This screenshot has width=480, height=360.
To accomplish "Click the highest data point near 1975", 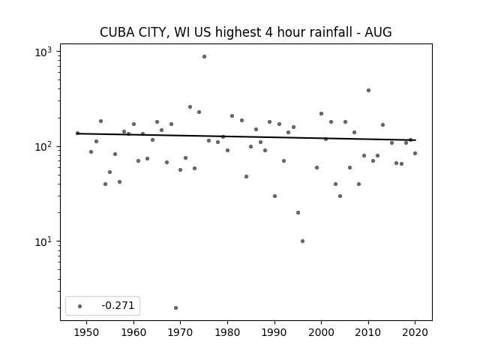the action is tap(204, 57).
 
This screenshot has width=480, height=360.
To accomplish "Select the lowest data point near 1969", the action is tap(175, 308).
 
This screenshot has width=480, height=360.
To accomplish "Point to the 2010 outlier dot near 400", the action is tap(368, 90).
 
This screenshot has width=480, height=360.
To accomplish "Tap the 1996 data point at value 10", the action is tap(302, 241).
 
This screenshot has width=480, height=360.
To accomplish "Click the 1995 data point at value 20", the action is tap(298, 213).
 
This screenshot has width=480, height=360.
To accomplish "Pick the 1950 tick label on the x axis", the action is tap(87, 332).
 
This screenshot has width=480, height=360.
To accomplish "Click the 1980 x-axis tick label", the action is tap(227, 332).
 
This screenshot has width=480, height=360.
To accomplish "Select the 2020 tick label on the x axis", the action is tap(415, 332).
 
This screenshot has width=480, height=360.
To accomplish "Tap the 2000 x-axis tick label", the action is tap(322, 332).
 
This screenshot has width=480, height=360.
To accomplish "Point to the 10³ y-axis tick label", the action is tap(43, 52).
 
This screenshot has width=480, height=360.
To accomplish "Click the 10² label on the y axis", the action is tap(43, 147).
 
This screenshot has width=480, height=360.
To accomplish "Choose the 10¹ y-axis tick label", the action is tap(43, 241).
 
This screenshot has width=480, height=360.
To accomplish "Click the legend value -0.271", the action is tap(118, 305).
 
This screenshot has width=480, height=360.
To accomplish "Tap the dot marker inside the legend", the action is tap(80, 306).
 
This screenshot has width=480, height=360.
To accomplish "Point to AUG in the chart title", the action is tap(378, 32).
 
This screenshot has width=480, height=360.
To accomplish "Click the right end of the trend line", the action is tap(415, 140).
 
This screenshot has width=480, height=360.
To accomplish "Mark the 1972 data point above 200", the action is tap(190, 106).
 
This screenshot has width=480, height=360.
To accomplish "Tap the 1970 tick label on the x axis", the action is tap(180, 332).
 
